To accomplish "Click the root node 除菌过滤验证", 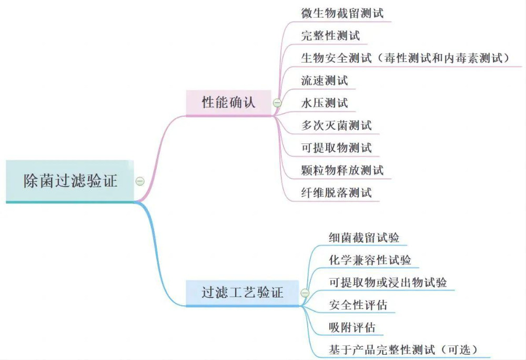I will pyautogui.click(x=70, y=181).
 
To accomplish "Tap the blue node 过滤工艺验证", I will pyautogui.click(x=242, y=292).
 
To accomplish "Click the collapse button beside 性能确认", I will pyautogui.click(x=277, y=103).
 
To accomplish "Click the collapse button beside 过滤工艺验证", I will pyautogui.click(x=305, y=293).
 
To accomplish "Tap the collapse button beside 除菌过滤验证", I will pyautogui.click(x=140, y=181).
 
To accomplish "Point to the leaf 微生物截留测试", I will pyautogui.click(x=342, y=13).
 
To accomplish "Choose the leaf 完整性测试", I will pyautogui.click(x=330, y=36).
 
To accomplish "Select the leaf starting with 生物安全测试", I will pyautogui.click(x=405, y=58).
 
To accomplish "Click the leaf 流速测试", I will pyautogui.click(x=324, y=80).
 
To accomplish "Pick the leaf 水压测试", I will pyautogui.click(x=324, y=102).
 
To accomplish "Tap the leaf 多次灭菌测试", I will pyautogui.click(x=336, y=125).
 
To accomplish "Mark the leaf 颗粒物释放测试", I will pyautogui.click(x=342, y=170).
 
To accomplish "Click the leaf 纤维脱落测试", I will pyautogui.click(x=336, y=193).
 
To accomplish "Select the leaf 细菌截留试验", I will pyautogui.click(x=364, y=238).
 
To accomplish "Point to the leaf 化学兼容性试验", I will pyautogui.click(x=370, y=260).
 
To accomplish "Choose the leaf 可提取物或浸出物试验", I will pyautogui.click(x=388, y=282).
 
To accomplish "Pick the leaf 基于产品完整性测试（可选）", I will pyautogui.click(x=402, y=349).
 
